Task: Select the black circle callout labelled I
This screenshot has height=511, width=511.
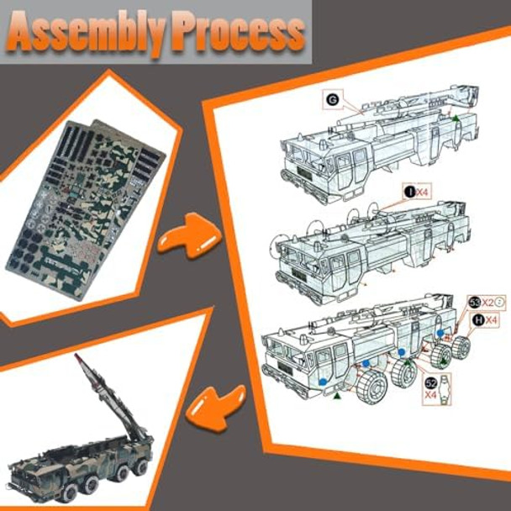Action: tap(409, 192)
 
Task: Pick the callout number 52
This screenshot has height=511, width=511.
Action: tap(432, 380)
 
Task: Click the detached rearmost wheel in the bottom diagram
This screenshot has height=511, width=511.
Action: tap(461, 347)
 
